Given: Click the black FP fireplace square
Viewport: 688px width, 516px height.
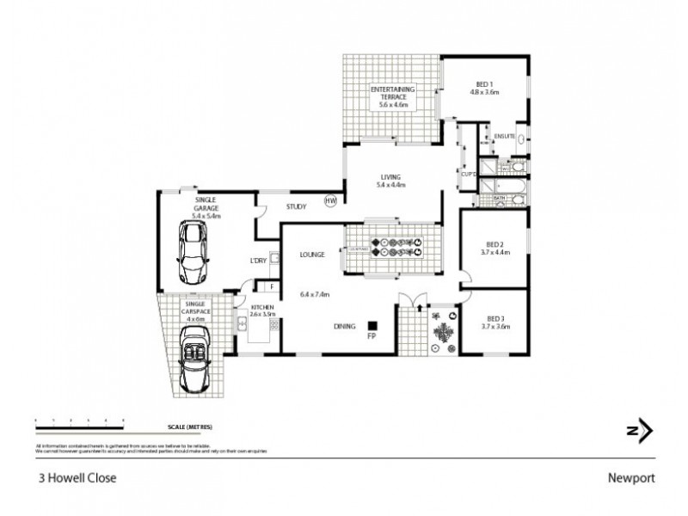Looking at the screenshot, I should [373, 326].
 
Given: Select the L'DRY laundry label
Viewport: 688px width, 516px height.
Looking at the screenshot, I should [257, 261].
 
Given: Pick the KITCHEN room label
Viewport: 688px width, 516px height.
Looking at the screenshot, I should [261, 307].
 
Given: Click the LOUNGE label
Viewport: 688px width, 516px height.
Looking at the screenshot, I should [310, 255].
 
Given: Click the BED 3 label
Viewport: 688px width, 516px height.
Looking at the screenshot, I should [494, 319].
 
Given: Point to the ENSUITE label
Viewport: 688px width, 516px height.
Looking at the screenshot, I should [504, 137].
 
